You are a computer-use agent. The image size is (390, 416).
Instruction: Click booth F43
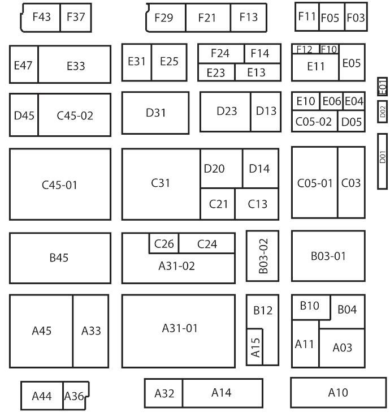[x=41, y=17]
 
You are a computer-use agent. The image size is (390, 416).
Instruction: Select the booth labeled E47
[x=23, y=65]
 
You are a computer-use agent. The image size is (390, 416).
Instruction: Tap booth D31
[x=155, y=113]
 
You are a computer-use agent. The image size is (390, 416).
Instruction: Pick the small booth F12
[x=305, y=49]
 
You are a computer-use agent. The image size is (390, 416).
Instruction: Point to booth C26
[x=164, y=245]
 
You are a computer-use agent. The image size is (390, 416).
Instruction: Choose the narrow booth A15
[x=255, y=347]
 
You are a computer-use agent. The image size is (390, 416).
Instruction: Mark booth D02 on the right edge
[x=383, y=112]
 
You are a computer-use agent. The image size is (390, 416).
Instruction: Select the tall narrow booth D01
[x=383, y=161]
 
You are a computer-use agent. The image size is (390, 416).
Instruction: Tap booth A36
[x=73, y=396]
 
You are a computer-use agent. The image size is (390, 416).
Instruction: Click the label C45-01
[x=60, y=185]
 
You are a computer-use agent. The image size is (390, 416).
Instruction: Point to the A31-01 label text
[x=180, y=328]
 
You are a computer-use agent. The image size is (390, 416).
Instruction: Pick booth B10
[x=310, y=306]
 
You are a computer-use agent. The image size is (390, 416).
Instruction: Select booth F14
[x=260, y=53]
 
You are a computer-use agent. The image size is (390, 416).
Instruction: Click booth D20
[x=214, y=168]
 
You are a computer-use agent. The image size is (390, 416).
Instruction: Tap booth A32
[x=164, y=393]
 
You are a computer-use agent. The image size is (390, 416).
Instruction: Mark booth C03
[x=351, y=183]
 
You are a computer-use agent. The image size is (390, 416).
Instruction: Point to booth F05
[x=330, y=18]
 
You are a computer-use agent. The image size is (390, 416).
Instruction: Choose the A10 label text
[x=338, y=392]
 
